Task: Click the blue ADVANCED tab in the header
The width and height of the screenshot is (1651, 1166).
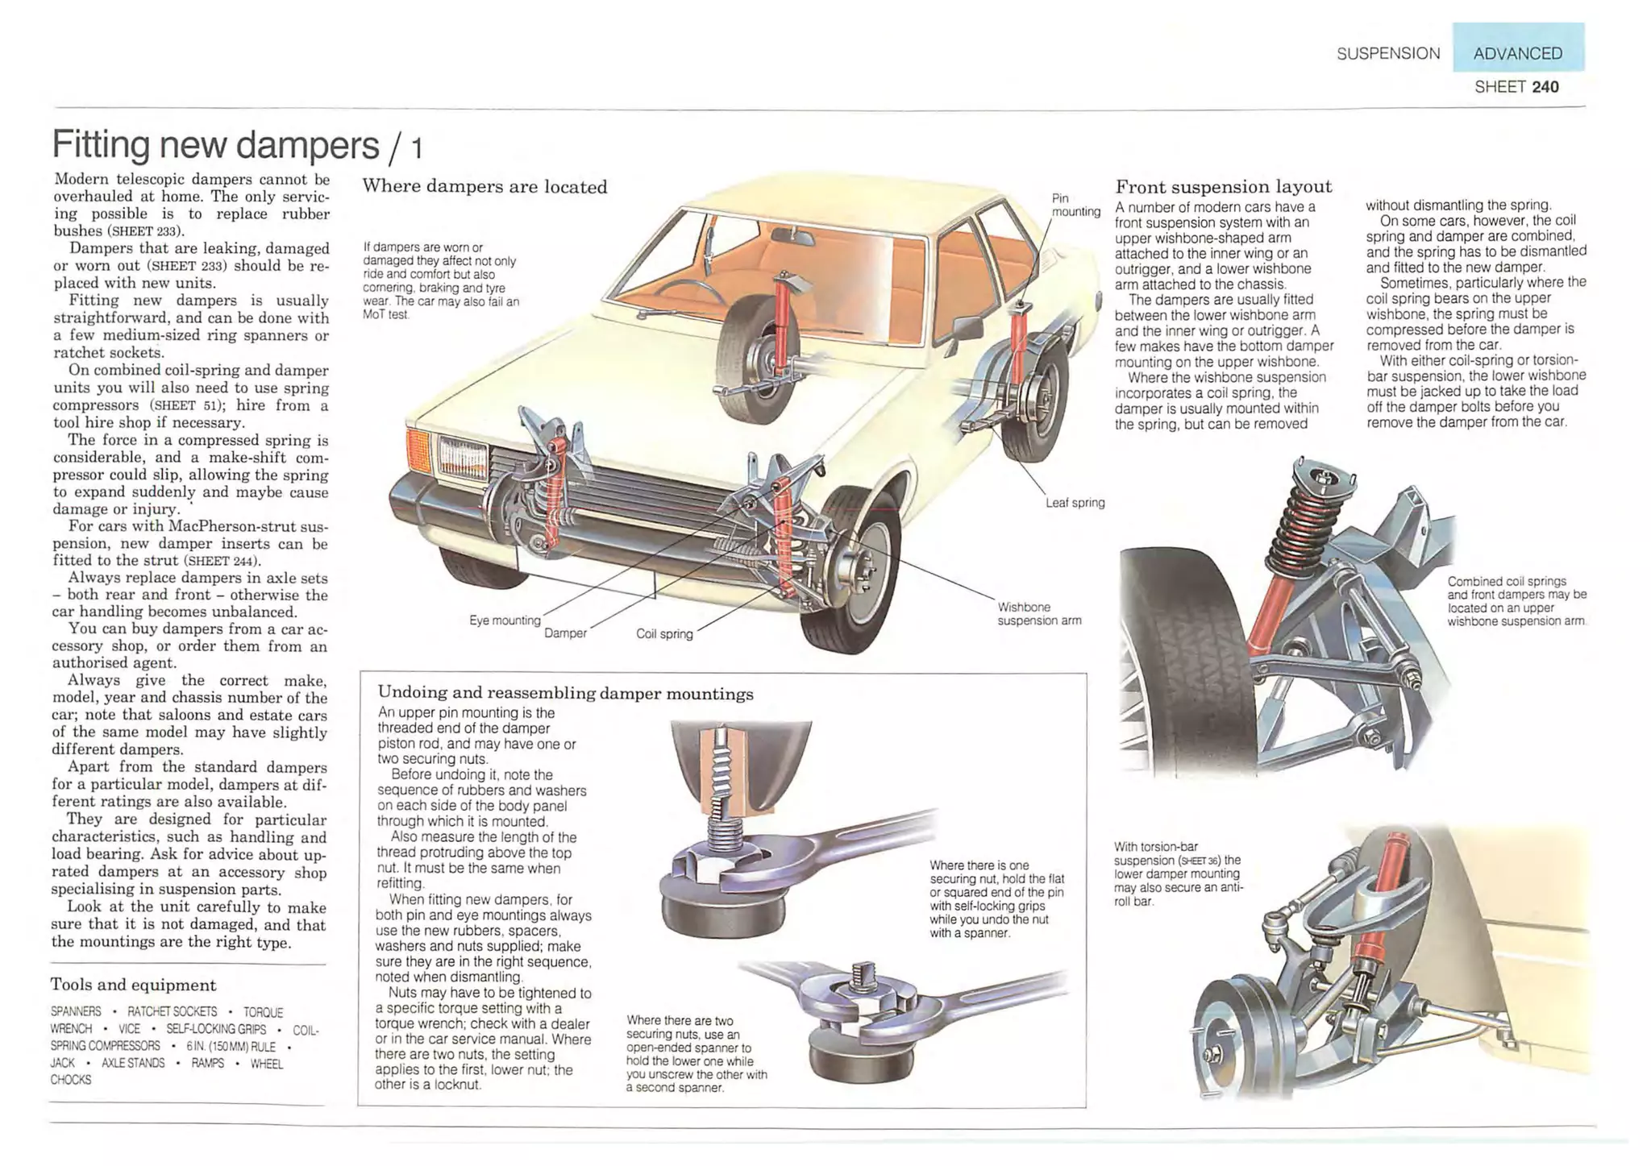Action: point(1517,53)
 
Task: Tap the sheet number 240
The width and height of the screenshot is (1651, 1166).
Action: point(1545,87)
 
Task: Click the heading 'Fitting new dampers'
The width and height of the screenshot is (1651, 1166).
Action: point(215,145)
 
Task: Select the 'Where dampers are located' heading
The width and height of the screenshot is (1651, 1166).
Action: point(484,187)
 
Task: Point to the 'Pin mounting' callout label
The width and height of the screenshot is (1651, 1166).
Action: point(1075,205)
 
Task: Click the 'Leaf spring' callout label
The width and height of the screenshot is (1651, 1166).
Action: point(1075,503)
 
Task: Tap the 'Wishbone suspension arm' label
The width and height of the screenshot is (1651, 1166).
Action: point(1039,613)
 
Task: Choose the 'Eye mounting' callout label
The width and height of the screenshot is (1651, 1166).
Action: point(505,620)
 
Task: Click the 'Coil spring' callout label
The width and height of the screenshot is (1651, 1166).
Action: point(664,634)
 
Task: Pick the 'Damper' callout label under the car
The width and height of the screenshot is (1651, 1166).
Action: point(565,633)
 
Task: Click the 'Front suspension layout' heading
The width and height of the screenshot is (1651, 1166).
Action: point(1223,187)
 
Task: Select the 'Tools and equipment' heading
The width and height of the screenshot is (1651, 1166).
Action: point(133,985)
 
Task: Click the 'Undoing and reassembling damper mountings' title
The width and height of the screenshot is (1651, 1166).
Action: point(565,694)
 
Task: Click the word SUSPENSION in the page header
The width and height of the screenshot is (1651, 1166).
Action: point(1388,53)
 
